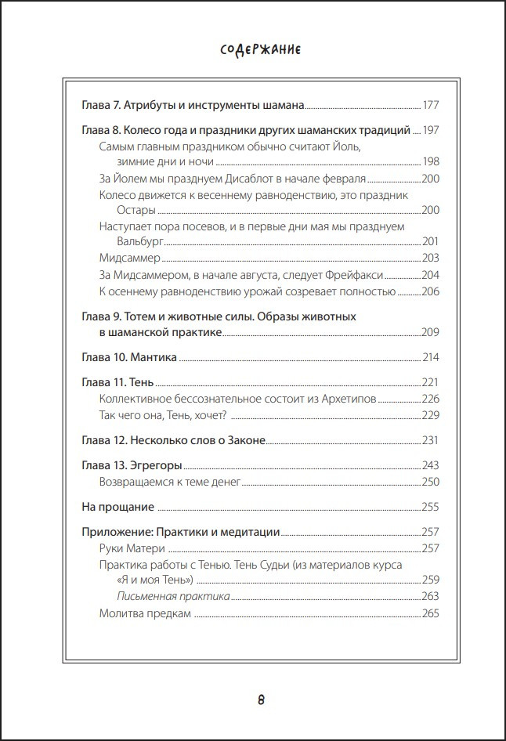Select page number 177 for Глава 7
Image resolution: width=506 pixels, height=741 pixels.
coord(432,104)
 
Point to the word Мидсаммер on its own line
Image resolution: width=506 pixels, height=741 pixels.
coord(129,258)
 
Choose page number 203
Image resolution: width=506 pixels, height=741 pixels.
coord(432,258)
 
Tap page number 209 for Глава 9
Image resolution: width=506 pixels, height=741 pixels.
coord(432,333)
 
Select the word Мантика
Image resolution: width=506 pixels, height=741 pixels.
coord(154,358)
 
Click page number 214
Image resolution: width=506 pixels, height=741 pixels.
coord(432,358)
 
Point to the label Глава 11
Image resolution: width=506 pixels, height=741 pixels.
coord(101,383)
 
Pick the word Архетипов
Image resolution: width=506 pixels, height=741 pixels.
coord(350,399)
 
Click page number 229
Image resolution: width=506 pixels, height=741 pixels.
coord(432,415)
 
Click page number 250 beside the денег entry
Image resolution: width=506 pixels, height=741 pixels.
coord(432,482)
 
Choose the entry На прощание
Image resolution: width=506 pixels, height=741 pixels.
coord(118,507)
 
